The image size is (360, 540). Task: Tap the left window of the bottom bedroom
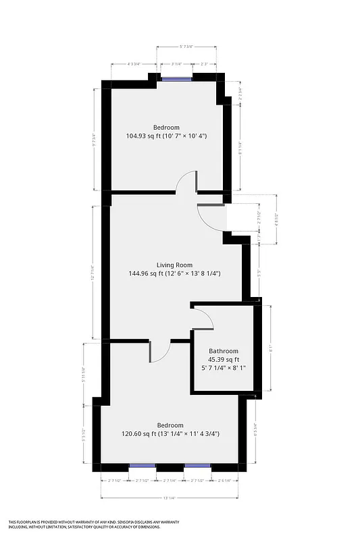pyautogui.click(x=142, y=466)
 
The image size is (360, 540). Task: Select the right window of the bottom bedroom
pyautogui.click(x=197, y=466)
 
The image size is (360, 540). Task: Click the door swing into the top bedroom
pyautogui.click(x=186, y=181)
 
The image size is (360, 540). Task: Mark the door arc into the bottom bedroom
pyautogui.click(x=159, y=352)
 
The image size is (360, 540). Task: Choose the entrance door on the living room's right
pyautogui.click(x=210, y=217)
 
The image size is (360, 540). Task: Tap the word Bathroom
pyautogui.click(x=223, y=351)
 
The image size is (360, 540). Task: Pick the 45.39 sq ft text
pyautogui.click(x=223, y=360)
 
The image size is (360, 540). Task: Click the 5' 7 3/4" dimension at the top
pyautogui.click(x=186, y=47)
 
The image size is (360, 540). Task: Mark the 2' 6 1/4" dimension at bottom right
pyautogui.click(x=224, y=480)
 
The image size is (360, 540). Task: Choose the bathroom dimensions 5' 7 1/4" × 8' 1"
pyautogui.click(x=223, y=369)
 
